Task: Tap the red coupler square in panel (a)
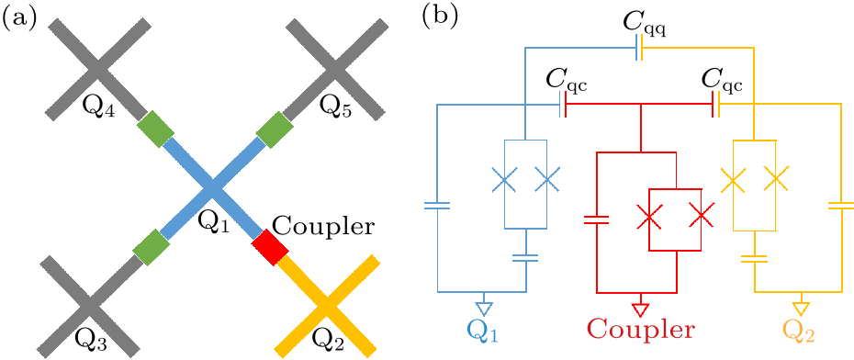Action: [x=271, y=248]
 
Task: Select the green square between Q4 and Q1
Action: [x=154, y=131]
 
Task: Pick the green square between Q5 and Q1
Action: [x=273, y=131]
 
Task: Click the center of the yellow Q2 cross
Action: [x=329, y=304]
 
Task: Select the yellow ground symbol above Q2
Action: [x=802, y=306]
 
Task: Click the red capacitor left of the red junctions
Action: [x=597, y=220]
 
